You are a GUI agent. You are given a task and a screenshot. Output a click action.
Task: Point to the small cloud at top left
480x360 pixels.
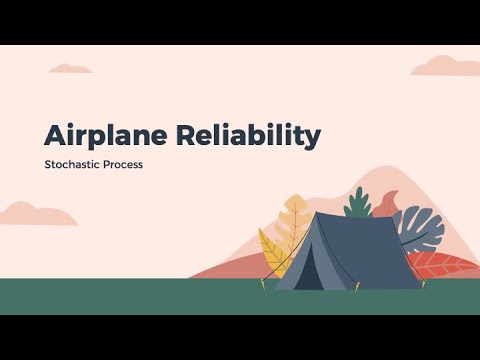pyautogui.click(x=71, y=68)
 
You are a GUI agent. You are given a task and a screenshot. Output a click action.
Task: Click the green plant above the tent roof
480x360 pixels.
pyautogui.click(x=357, y=203)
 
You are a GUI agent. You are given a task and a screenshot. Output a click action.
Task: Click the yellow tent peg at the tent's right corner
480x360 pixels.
pyautogui.click(x=424, y=284)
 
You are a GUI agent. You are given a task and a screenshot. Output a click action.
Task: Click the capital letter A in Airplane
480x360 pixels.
pyautogui.click(x=56, y=136)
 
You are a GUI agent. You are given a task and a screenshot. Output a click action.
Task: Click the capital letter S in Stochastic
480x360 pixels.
pyautogui.click(x=47, y=164)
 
